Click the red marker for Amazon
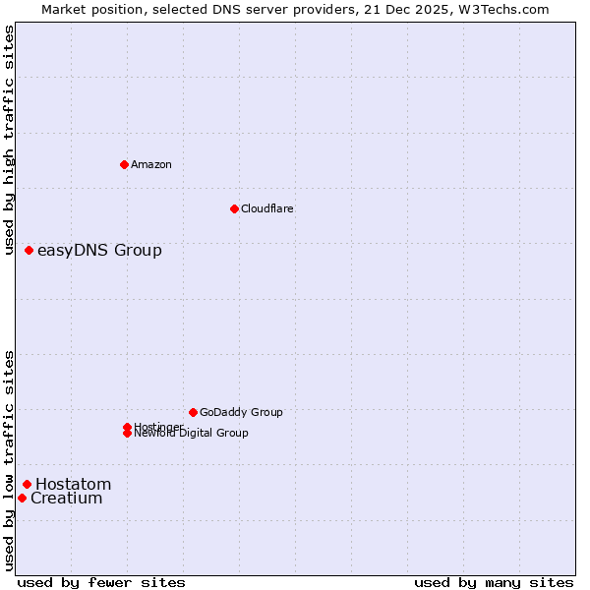(124, 164)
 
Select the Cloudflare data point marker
(234, 208)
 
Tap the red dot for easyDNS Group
(29, 251)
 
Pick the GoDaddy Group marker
(193, 412)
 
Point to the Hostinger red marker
(127, 427)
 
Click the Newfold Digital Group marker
(127, 433)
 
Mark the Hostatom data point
(28, 484)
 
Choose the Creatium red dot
(22, 499)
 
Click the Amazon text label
(151, 164)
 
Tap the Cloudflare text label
(267, 208)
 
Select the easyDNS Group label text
(99, 251)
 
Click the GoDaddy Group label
(241, 412)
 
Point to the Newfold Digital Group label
(192, 434)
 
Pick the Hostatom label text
(74, 484)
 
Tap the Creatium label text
(67, 499)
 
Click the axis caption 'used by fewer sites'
(101, 582)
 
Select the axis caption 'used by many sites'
(494, 582)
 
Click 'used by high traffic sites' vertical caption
(9, 140)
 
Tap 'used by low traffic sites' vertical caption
(9, 459)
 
